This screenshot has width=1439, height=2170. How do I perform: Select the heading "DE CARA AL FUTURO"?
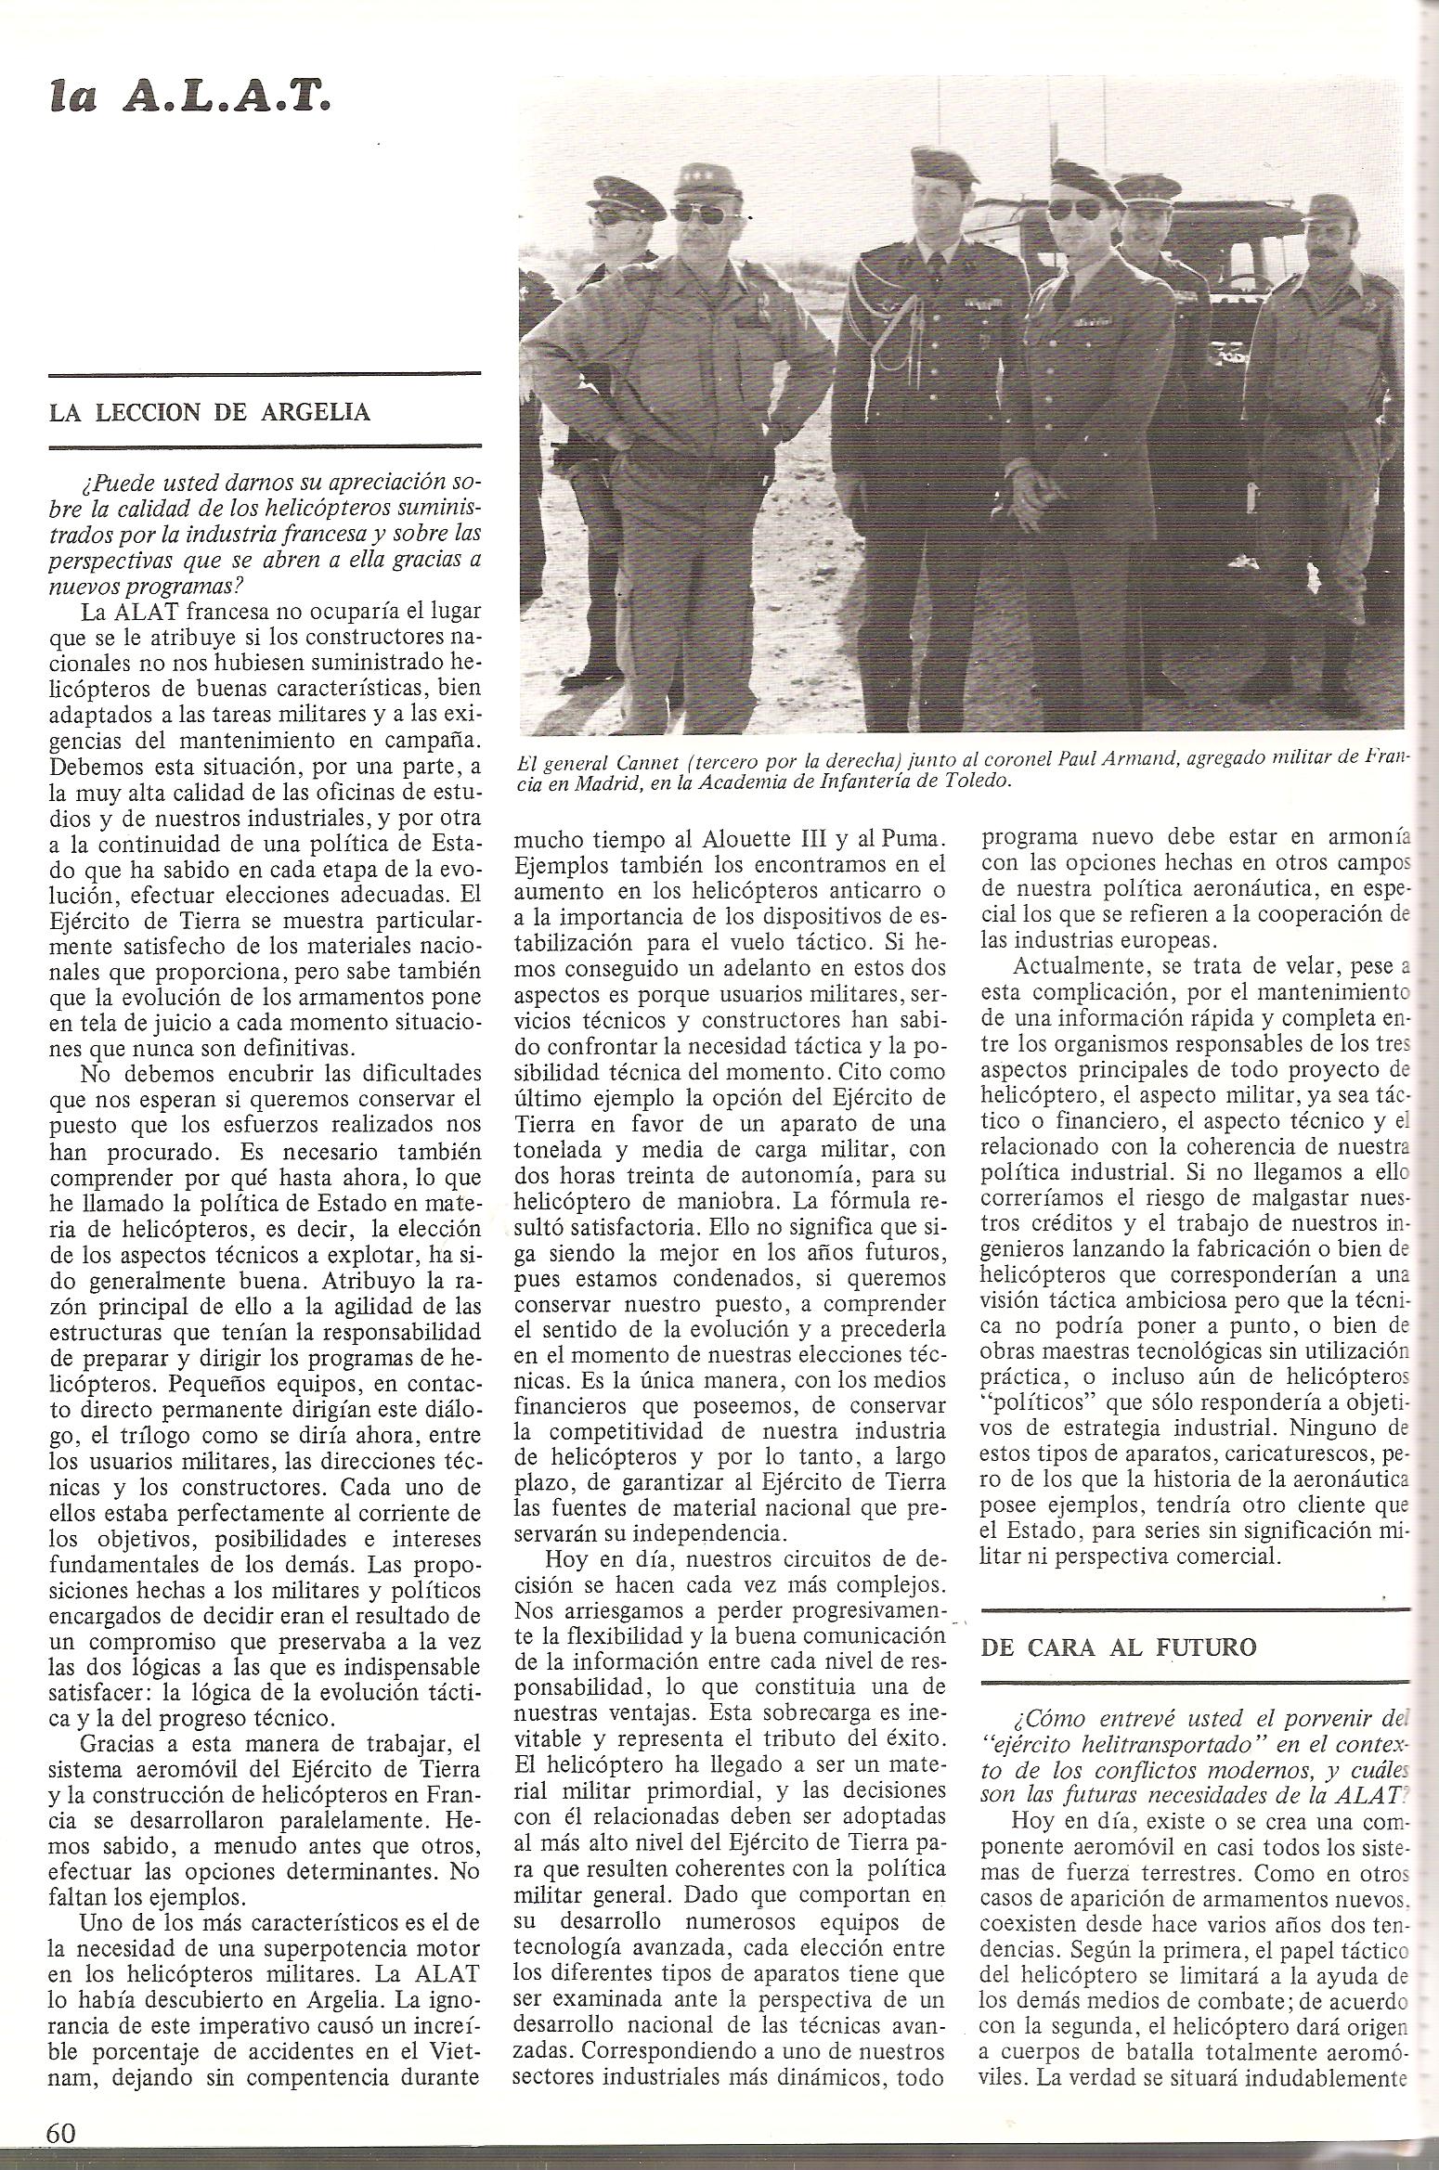1119,1647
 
